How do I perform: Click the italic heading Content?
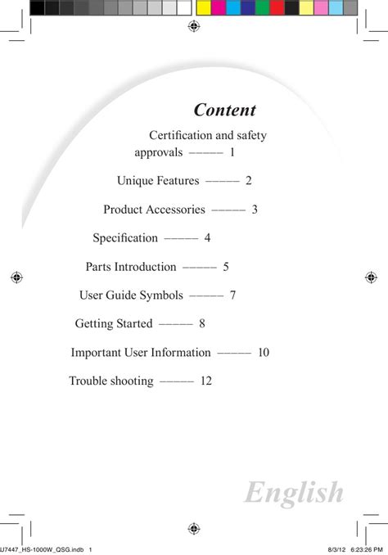[x=225, y=110]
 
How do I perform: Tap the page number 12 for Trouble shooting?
[x=206, y=381]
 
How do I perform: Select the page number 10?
[x=264, y=352]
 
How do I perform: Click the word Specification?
[x=125, y=238]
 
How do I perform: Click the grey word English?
[x=294, y=494]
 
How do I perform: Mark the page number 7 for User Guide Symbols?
[x=232, y=296]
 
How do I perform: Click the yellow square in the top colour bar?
[x=204, y=8]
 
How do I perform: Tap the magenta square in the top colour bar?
[x=219, y=8]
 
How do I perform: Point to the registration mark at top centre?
[x=194, y=26]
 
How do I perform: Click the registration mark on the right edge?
[x=371, y=277]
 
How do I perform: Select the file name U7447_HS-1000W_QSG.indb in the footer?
[x=42, y=550]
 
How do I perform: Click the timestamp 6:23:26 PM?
[x=367, y=550]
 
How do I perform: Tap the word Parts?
[x=98, y=267]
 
